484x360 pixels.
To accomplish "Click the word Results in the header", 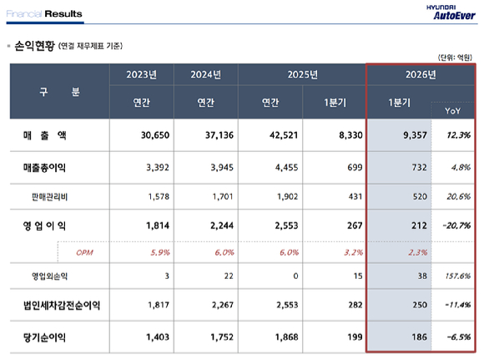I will pyautogui.click(x=63, y=13).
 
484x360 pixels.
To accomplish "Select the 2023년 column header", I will pyautogui.click(x=141, y=74).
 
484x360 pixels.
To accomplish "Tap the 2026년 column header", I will pyautogui.click(x=421, y=74).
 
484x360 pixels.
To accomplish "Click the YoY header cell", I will pyautogui.click(x=451, y=109).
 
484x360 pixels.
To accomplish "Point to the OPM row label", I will pyautogui.click(x=84, y=251).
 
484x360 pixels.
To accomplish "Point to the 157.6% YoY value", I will pyautogui.click(x=455, y=276).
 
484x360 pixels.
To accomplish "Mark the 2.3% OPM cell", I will pyautogui.click(x=401, y=251).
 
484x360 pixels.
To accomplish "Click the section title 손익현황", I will pyautogui.click(x=34, y=47).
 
